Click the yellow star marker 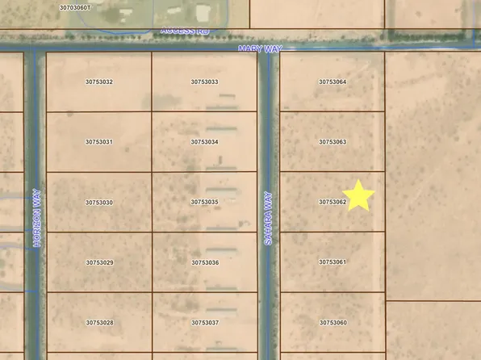360,196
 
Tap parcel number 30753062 333,203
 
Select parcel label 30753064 333,82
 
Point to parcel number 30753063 333,142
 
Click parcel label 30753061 333,262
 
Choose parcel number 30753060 333,323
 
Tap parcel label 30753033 205,82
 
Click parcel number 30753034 205,142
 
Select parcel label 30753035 205,203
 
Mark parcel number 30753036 205,262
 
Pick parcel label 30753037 205,323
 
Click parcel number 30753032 99,82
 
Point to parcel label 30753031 99,142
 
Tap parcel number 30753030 99,203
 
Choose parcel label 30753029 99,262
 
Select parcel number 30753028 99,323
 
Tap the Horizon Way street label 38,219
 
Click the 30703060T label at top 77,7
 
